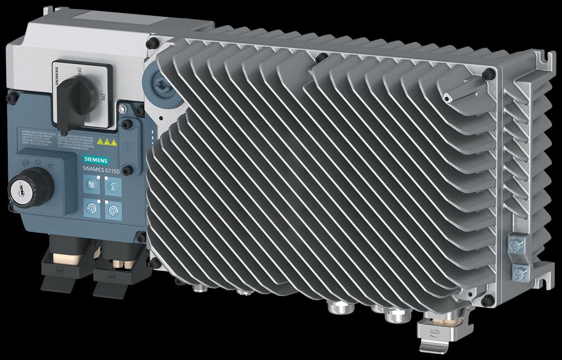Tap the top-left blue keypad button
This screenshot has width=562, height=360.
pos(90,184)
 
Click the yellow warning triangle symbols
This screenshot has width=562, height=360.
pos(105,142)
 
